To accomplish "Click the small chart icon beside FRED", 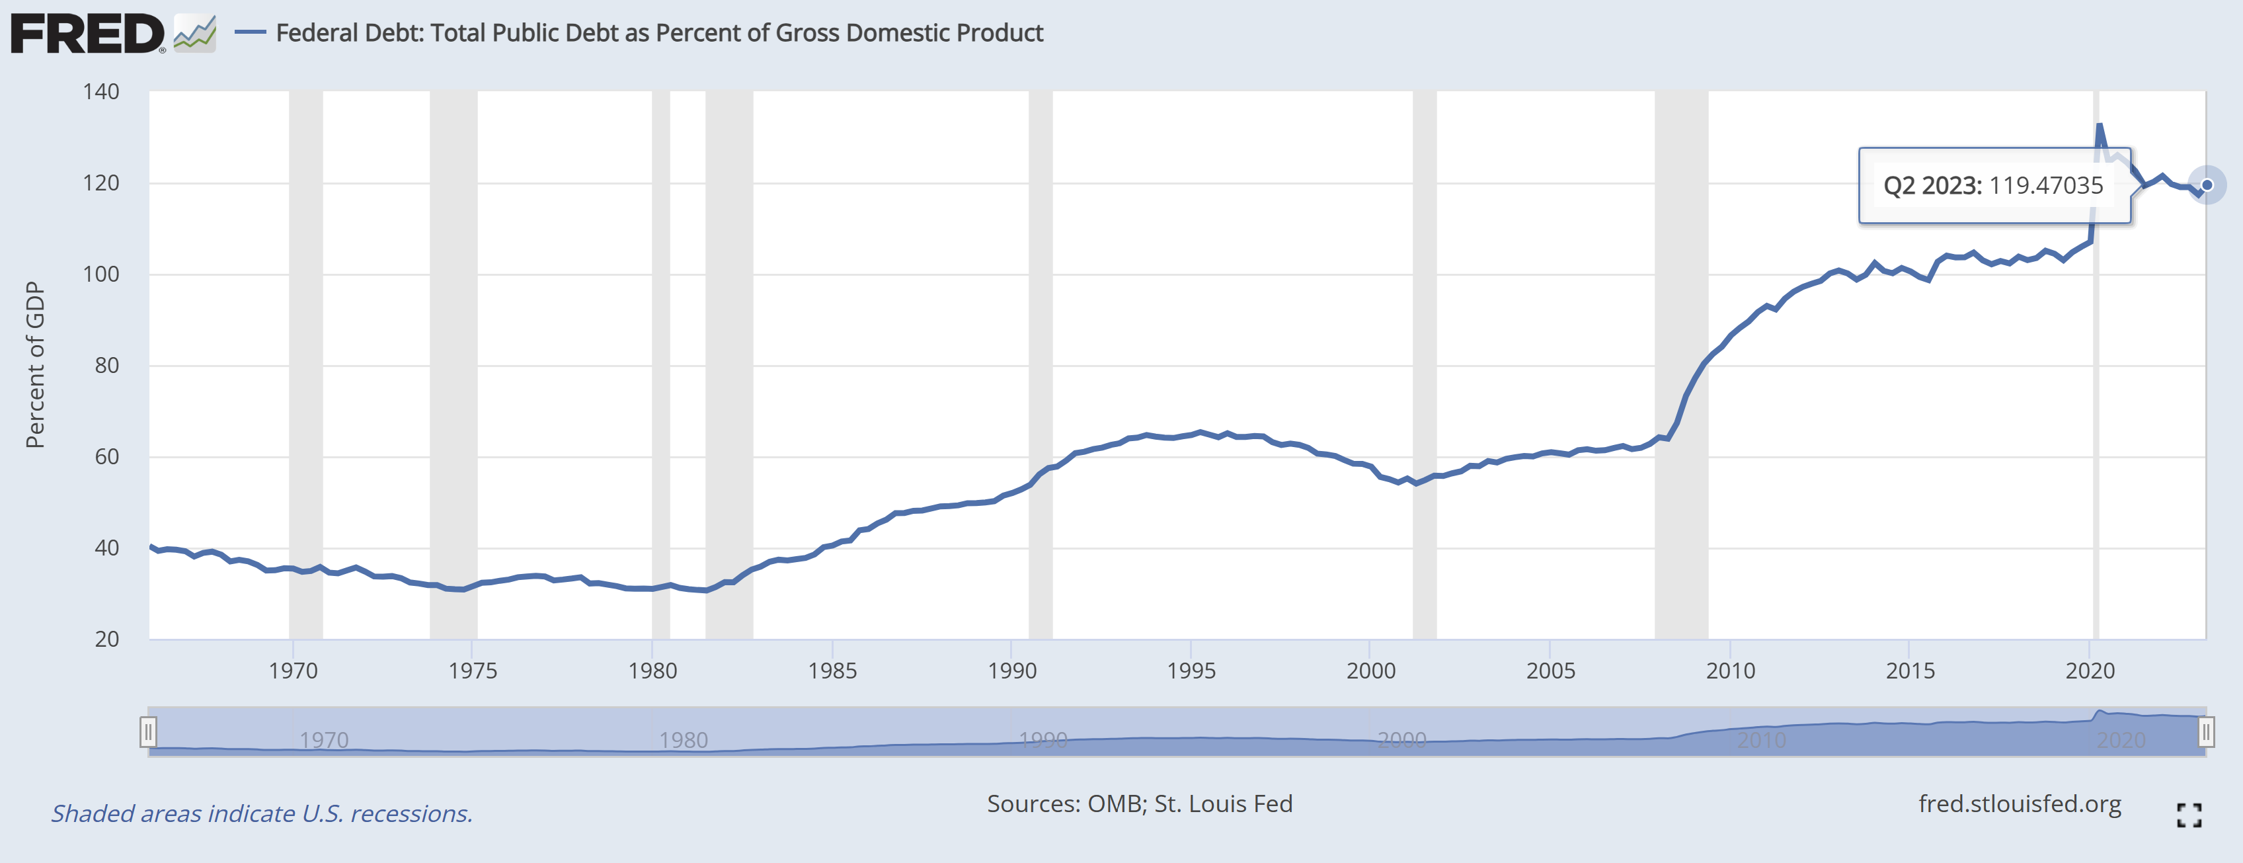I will (195, 34).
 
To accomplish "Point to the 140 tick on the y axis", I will (101, 91).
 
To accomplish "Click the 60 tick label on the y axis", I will (106, 456).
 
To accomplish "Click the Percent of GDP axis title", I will (35, 365).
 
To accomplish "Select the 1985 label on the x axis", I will (832, 671).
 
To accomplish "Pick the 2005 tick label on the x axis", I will (1550, 671).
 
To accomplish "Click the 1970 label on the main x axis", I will (294, 671).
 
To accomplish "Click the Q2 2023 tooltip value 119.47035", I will (2045, 185).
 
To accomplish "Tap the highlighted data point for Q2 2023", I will (2207, 185).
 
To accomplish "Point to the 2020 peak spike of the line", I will (2100, 126).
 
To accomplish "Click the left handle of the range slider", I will (148, 731).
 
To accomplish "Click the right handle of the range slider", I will (2205, 731).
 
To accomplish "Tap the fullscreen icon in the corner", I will (2189, 815).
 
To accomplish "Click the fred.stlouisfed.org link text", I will (2019, 803).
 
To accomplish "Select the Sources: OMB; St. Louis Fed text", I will (1139, 803).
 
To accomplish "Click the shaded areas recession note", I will (261, 813).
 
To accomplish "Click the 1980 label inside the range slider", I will (683, 740).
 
